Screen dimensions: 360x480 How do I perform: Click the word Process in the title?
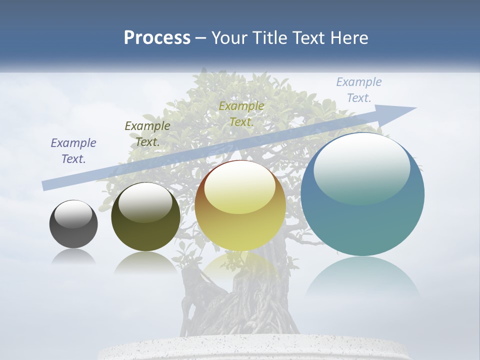coord(157,38)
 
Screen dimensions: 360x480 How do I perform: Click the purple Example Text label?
coord(73,151)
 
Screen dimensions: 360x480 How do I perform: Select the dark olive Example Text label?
coord(147,134)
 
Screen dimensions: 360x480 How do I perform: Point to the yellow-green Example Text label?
coord(241,113)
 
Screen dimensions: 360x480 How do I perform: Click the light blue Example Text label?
coord(358,90)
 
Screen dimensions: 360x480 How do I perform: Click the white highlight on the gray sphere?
coord(73,214)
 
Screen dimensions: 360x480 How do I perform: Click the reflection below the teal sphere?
coord(362,277)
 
